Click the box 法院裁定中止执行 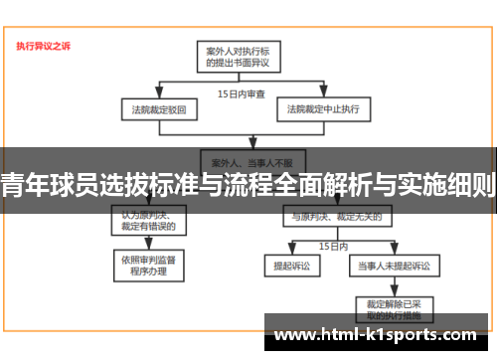point(323,106)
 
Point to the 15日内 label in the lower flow point(332,244)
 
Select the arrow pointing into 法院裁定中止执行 point(323,94)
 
